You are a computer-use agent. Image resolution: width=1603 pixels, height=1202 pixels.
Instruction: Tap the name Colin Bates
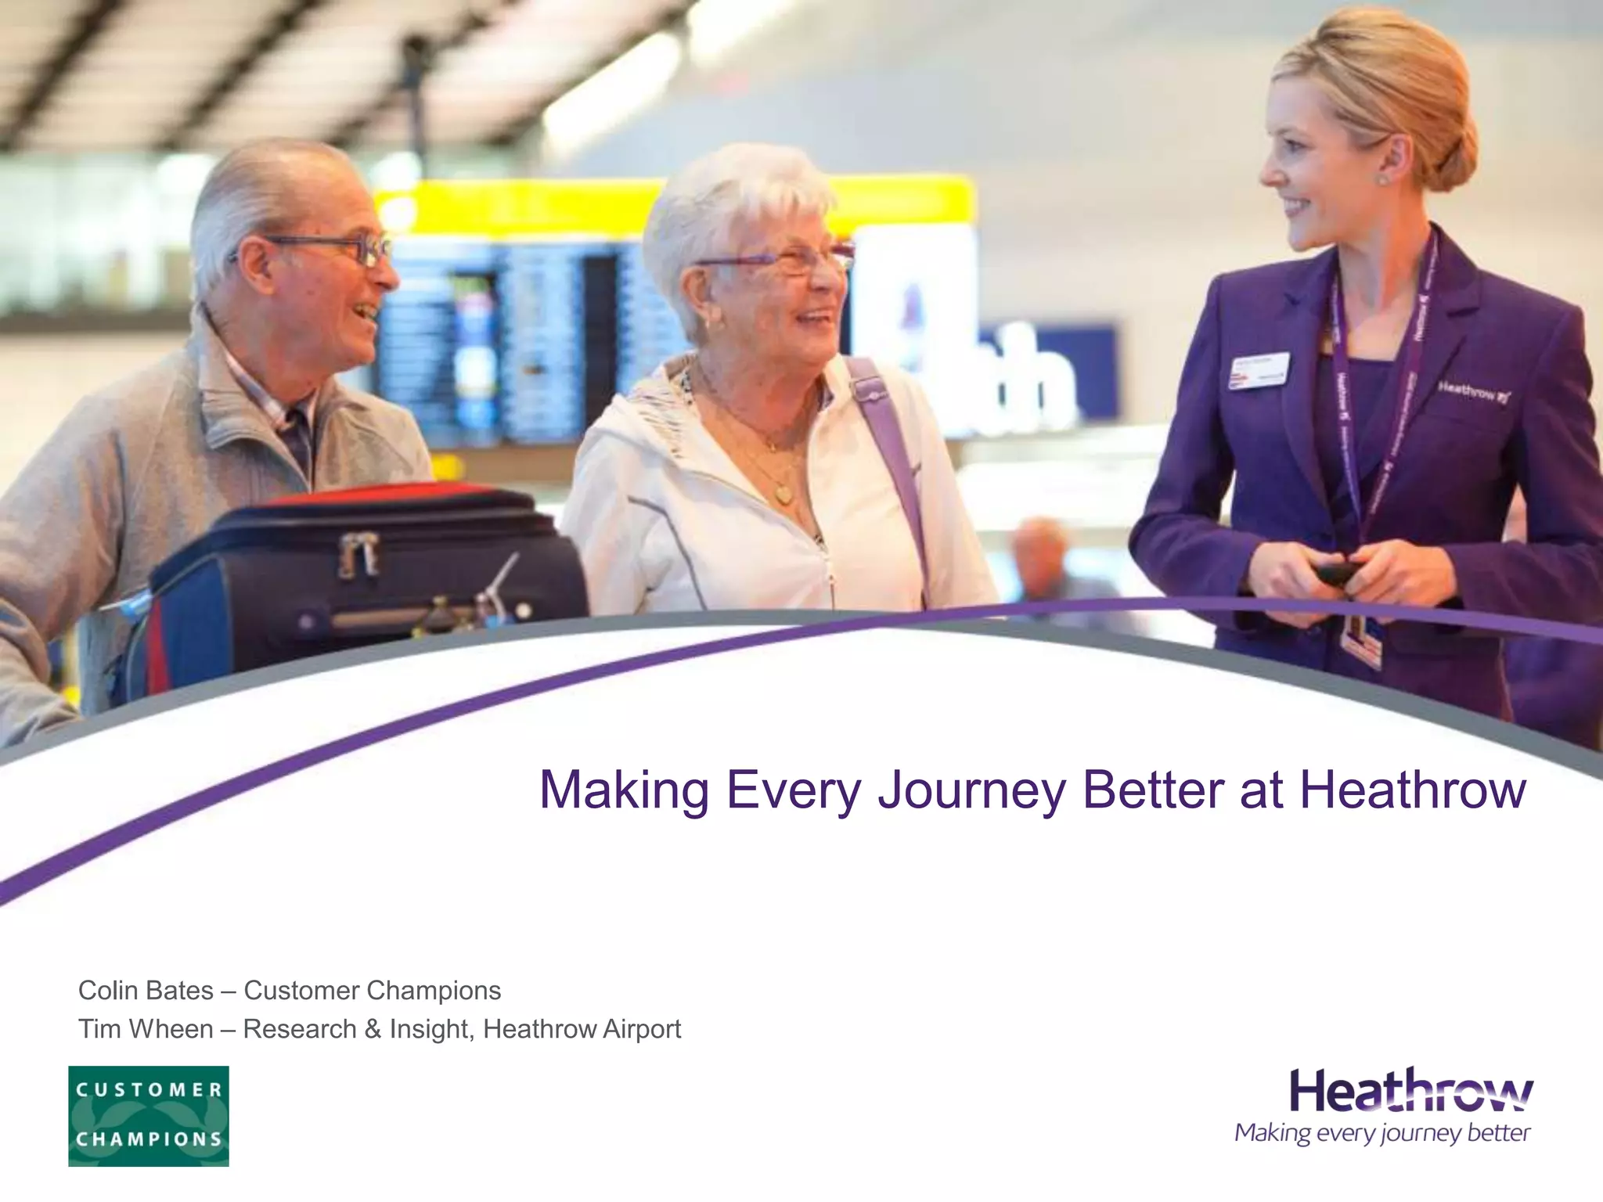coord(146,991)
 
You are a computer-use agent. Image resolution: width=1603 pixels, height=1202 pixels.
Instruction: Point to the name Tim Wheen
coord(146,1029)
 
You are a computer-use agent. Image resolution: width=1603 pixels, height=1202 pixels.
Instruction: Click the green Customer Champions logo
coord(149,1116)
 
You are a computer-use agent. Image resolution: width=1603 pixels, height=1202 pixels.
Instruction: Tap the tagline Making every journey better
coord(1382,1133)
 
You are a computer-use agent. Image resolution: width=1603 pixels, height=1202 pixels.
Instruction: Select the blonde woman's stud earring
coord(1383,179)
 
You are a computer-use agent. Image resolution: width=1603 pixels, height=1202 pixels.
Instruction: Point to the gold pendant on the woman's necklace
coord(780,494)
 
